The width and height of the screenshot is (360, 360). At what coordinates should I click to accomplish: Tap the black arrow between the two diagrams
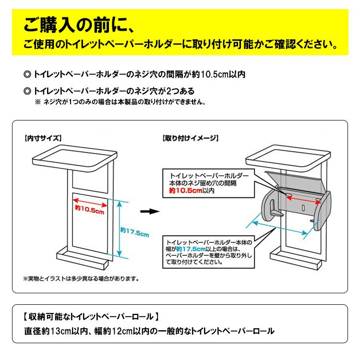click(150, 212)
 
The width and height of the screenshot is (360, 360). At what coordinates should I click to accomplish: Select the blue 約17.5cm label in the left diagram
click(135, 232)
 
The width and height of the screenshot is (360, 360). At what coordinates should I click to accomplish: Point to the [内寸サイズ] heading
click(43, 138)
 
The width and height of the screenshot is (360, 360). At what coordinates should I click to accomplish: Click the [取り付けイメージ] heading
click(191, 138)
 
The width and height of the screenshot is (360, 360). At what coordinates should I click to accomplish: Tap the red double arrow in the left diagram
click(90, 203)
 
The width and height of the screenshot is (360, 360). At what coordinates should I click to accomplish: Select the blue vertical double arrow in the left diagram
click(119, 228)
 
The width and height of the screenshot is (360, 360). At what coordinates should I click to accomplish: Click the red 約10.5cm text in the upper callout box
click(186, 191)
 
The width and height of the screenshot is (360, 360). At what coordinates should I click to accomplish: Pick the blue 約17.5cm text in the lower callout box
click(191, 249)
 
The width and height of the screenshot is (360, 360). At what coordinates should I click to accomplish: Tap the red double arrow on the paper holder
click(303, 199)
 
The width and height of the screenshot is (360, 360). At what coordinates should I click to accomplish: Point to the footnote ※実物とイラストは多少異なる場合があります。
click(81, 279)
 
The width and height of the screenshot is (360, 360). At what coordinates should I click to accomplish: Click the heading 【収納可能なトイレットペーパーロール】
click(91, 317)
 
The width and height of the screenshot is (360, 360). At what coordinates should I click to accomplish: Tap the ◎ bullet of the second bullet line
click(27, 91)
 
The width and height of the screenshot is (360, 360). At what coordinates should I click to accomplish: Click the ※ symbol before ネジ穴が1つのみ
click(37, 102)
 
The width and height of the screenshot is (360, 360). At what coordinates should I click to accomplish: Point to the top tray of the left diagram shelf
click(75, 160)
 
